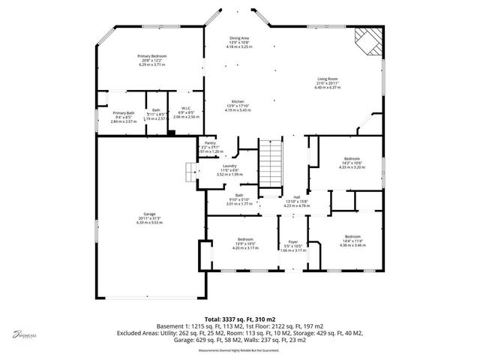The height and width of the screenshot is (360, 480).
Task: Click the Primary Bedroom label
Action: [x=151, y=60]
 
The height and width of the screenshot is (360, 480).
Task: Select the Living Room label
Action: [x=328, y=82]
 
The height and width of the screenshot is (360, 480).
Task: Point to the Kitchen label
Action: [x=238, y=105]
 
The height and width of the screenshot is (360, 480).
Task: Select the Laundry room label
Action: [x=229, y=169]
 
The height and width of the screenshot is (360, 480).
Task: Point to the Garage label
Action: [x=148, y=218]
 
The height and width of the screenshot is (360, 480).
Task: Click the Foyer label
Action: [x=294, y=246]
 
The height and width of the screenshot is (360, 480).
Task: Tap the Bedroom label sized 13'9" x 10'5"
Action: [x=242, y=242]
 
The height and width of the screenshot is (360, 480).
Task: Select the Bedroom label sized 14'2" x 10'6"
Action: [x=351, y=163]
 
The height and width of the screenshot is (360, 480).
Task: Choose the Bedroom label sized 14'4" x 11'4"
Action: [x=352, y=240]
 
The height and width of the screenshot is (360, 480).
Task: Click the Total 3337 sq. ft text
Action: [x=239, y=319]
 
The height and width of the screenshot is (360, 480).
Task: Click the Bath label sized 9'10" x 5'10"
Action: [x=238, y=198]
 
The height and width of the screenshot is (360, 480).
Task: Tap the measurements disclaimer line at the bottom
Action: [x=238, y=350]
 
